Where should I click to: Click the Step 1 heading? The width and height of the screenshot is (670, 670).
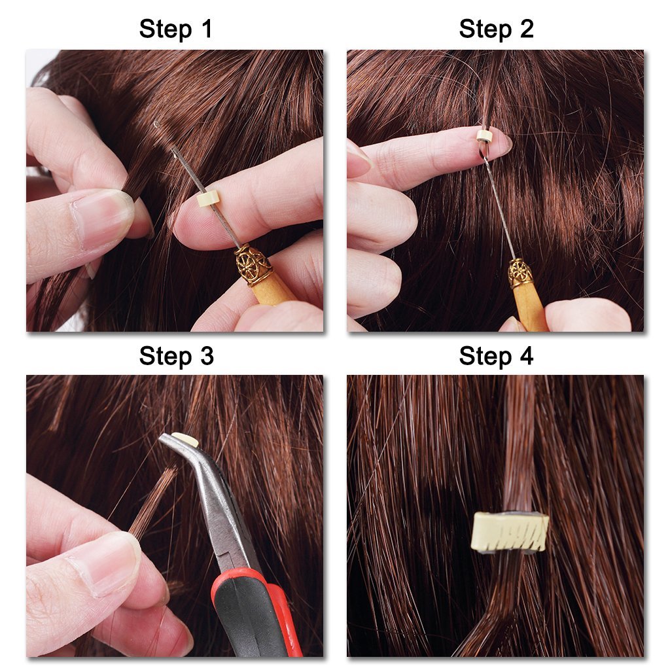pos(175,29)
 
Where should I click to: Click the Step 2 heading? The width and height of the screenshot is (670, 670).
pos(496,29)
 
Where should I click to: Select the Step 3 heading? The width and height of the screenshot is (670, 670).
pos(175,357)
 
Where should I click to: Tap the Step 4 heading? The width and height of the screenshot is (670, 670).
pos(496,357)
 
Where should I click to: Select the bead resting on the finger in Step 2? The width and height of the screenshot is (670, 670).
pos(484,136)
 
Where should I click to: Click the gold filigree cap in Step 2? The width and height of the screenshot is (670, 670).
pos(520,273)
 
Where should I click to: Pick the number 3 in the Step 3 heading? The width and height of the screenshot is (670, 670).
pos(206,357)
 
